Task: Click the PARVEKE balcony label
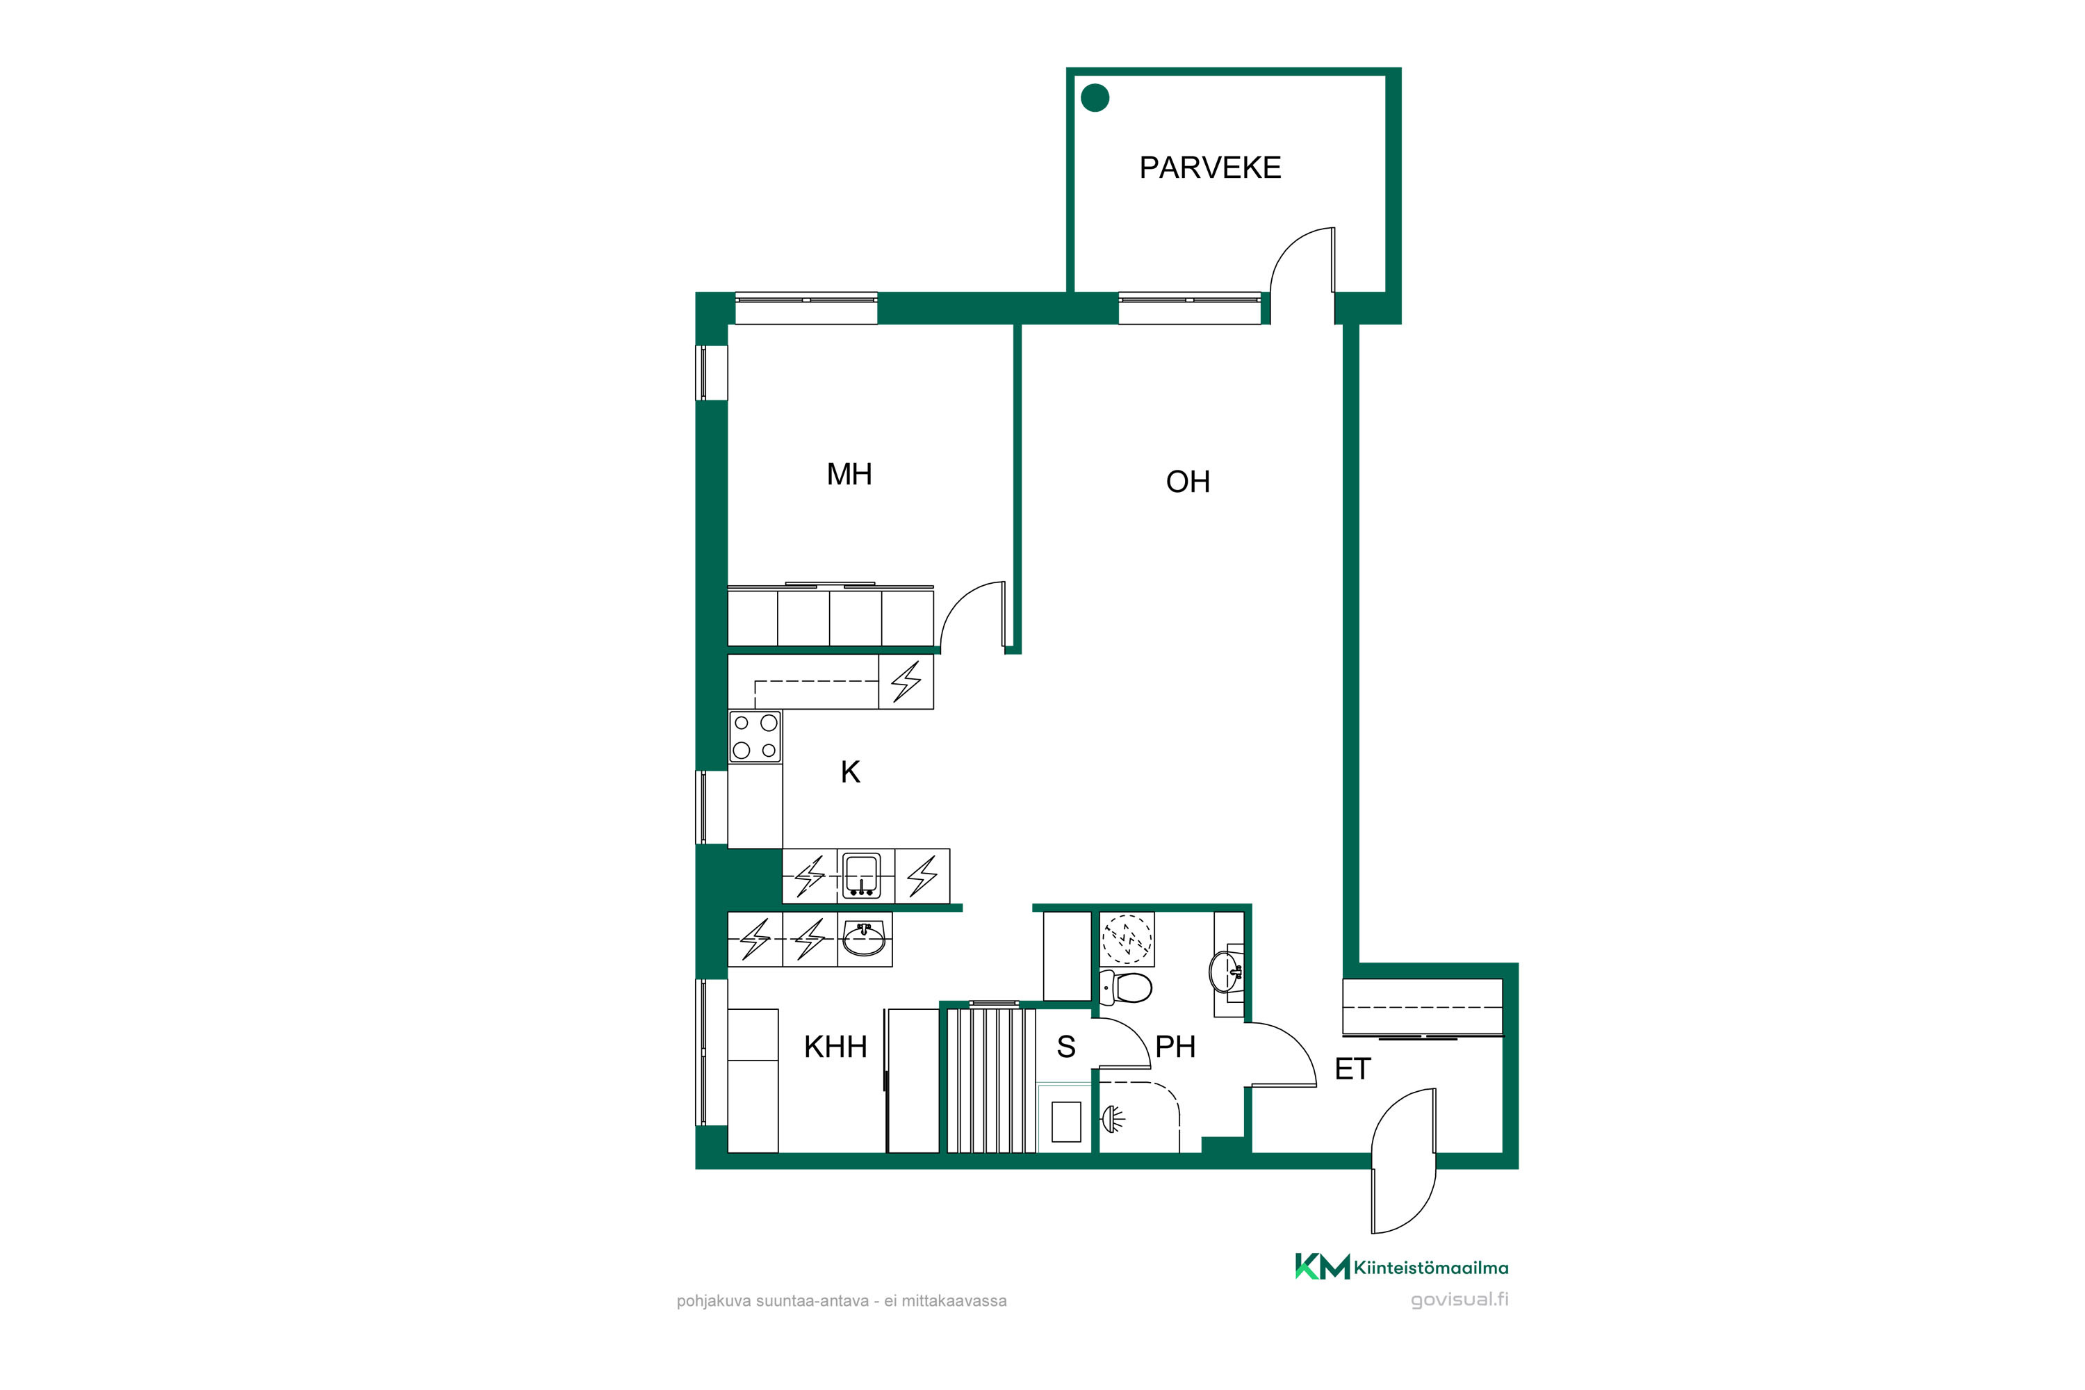tap(1210, 167)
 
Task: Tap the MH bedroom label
tap(849, 474)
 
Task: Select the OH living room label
tap(1188, 482)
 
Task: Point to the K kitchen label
tap(850, 772)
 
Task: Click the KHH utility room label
tap(835, 1047)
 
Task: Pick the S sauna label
tap(1065, 1047)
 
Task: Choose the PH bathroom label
tap(1175, 1047)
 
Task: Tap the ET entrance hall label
tap(1352, 1069)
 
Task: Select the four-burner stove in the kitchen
tap(755, 737)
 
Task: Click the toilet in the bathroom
tap(1125, 987)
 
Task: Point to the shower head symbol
tap(1113, 1119)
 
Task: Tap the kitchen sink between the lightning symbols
tap(861, 876)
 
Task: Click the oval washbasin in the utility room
tap(863, 940)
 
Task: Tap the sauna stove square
tap(1066, 1122)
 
